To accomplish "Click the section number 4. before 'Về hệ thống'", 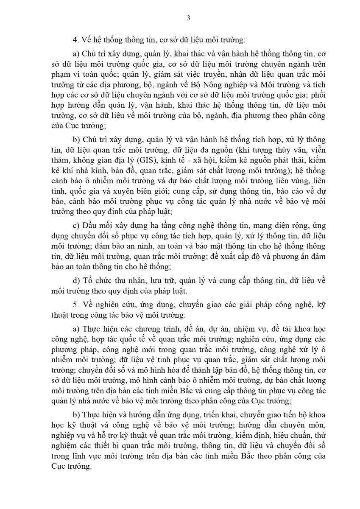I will click(75, 40).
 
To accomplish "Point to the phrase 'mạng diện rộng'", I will click(262, 225).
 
